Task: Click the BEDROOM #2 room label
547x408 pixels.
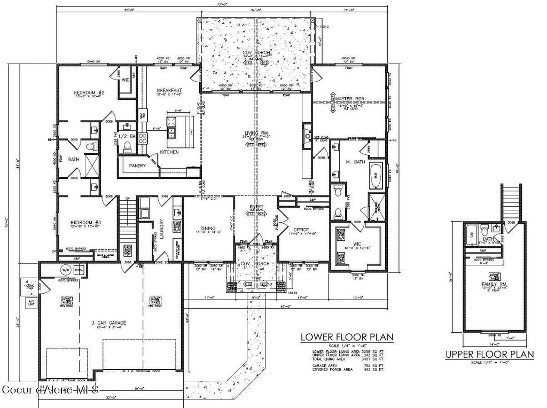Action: point(88,93)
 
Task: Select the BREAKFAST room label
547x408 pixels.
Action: point(169,90)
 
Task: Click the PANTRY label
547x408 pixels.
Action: point(137,166)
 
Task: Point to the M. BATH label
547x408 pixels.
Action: point(355,162)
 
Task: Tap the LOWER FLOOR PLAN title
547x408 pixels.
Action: point(347,337)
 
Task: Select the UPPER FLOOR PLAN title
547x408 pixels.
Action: point(490,354)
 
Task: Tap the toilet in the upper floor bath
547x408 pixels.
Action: point(485,231)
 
